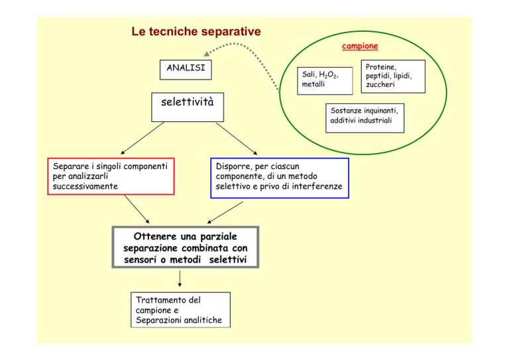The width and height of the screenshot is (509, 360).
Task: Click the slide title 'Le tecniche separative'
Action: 196,31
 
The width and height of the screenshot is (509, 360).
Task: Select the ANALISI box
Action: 186,70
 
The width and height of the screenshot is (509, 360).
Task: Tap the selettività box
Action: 188,107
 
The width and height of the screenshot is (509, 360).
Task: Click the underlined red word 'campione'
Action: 360,46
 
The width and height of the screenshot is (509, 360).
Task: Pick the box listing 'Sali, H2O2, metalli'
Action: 325,81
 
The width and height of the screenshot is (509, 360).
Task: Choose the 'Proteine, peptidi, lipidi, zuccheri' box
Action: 393,76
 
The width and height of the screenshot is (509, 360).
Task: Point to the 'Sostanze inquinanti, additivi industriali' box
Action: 365,118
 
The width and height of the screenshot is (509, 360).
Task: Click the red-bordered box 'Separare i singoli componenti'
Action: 111,176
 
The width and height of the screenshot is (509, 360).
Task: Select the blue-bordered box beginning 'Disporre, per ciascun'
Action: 280,178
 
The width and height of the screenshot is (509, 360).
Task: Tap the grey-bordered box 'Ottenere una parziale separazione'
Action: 186,247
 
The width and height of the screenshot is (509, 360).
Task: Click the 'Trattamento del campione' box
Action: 180,310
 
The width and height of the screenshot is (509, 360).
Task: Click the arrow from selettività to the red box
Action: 142,138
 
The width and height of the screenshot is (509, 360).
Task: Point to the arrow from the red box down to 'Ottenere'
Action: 137,209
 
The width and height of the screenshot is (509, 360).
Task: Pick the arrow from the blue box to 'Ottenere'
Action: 225,213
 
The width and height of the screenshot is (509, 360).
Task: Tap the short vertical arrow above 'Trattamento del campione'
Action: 180,279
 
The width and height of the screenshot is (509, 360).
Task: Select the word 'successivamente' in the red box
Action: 85,186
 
